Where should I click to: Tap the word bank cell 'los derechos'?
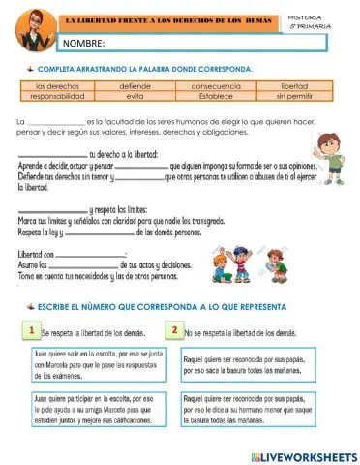tap(55, 87)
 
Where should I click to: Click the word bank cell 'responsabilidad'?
tap(55, 97)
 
